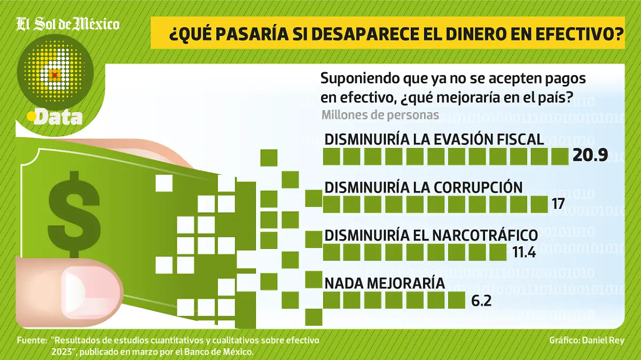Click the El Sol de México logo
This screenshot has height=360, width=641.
[x=68, y=25]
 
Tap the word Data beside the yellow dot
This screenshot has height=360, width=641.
[x=58, y=117]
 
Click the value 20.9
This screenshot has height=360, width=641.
[x=590, y=155]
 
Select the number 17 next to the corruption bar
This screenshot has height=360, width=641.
[x=558, y=204]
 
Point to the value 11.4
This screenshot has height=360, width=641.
[x=523, y=252]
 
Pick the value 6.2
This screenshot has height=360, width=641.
[x=481, y=301]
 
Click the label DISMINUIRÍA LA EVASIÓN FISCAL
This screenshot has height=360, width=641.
[x=434, y=139]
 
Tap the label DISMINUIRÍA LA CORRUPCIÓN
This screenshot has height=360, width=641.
[x=423, y=187]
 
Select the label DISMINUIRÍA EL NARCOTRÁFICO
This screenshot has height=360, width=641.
[x=431, y=235]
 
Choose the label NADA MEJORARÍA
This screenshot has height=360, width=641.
[x=385, y=283]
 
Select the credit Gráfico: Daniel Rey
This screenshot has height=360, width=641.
[x=586, y=340]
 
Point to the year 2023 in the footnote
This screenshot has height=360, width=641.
[x=62, y=351]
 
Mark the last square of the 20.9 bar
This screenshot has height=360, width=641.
[x=560, y=156]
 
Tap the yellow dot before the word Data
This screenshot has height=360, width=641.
[x=32, y=115]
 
